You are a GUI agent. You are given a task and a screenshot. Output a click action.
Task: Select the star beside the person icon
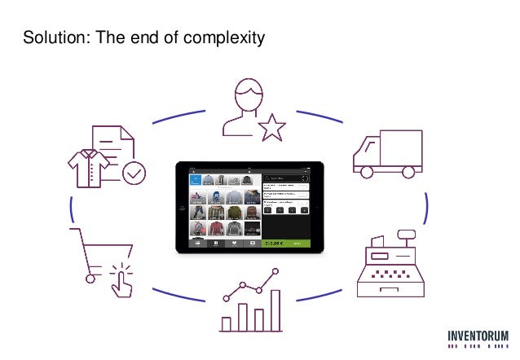[x=271, y=125]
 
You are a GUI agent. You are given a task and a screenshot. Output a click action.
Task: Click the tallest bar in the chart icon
[x=275, y=311]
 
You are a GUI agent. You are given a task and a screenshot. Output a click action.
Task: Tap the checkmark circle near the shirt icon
[x=133, y=173]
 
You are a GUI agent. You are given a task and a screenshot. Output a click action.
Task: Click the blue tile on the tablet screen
[x=196, y=179]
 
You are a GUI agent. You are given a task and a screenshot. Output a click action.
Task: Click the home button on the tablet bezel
[x=318, y=208]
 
